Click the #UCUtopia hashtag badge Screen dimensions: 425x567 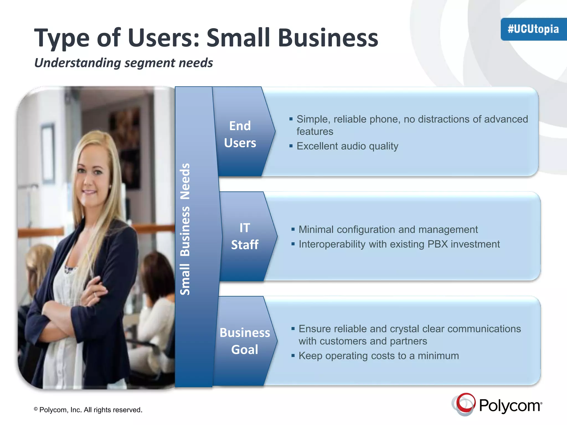coord(533,29)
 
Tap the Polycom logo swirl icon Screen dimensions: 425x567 coord(465,404)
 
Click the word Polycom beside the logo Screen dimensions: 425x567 coord(510,406)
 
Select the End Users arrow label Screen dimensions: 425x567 coord(240,134)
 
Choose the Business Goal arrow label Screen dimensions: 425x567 coord(245,341)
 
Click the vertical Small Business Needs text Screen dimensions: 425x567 coord(185,229)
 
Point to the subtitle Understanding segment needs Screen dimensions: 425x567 coord(123,63)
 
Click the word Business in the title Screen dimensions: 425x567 coord(328,38)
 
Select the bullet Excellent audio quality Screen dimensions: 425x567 coord(347,146)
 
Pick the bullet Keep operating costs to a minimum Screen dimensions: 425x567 coord(378,356)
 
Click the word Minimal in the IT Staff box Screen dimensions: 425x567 coord(316,229)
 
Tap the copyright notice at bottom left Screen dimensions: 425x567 coord(88,410)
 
